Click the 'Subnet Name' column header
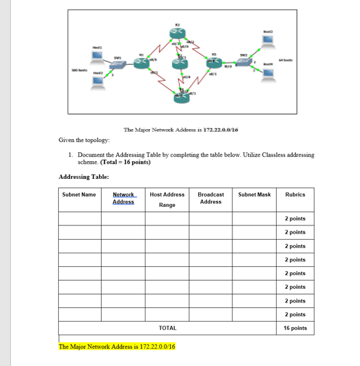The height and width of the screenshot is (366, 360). (79, 195)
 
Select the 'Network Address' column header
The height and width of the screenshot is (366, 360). (123, 198)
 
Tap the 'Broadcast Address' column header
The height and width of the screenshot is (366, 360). (210, 198)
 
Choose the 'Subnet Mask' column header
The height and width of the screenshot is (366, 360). (254, 195)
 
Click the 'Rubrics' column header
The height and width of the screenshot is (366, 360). (295, 195)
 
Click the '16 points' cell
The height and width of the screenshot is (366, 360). (295, 328)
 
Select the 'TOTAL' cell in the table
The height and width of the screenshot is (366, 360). (167, 328)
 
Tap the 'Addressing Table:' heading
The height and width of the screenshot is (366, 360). (84, 177)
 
